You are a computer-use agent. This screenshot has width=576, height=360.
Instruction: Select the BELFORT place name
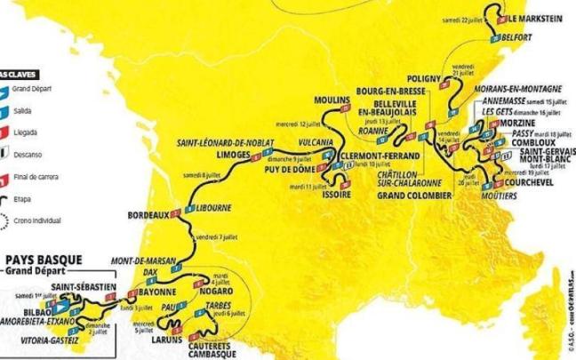tap(516, 36)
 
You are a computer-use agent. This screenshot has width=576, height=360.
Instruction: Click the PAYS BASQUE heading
tap(44, 262)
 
